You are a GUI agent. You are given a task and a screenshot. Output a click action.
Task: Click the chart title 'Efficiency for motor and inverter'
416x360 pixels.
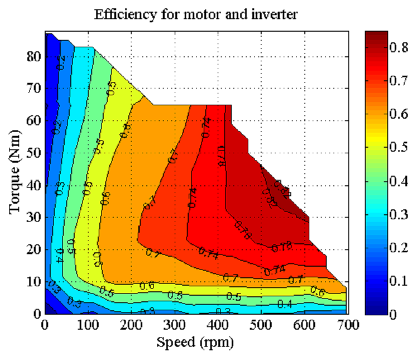click(x=196, y=14)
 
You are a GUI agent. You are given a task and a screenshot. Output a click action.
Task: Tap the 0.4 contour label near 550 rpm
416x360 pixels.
click(x=285, y=304)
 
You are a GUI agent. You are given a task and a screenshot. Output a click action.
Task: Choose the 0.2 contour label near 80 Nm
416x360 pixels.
click(x=61, y=62)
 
